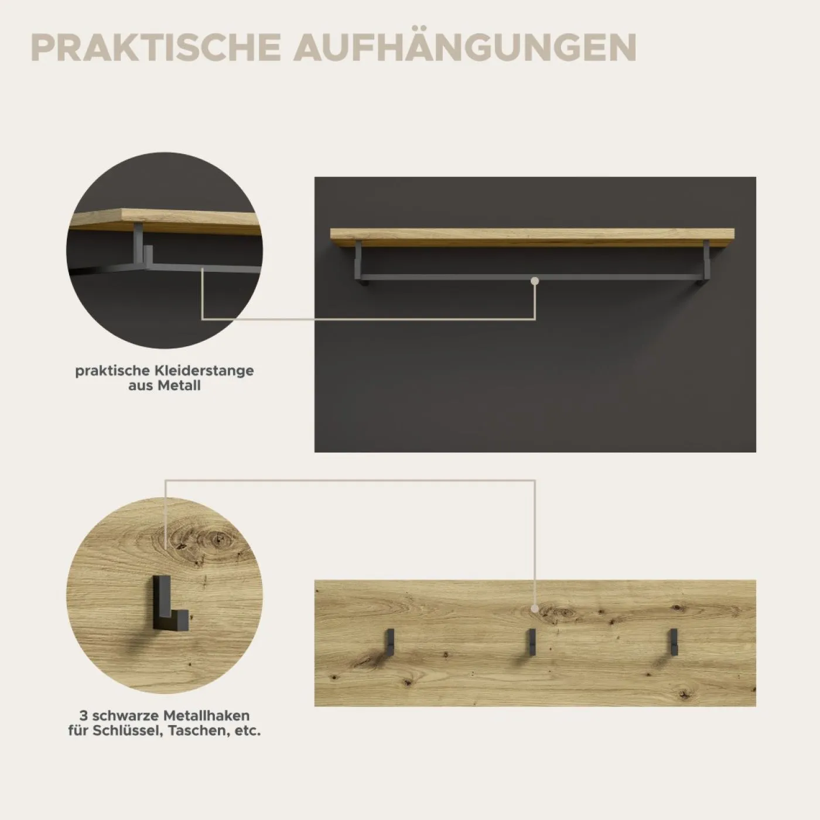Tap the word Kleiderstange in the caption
tap(206, 371)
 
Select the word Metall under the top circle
tap(181, 385)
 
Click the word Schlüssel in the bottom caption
tap(126, 731)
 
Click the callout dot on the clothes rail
tap(535, 281)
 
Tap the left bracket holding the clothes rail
tap(359, 263)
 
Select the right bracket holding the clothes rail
tap(706, 263)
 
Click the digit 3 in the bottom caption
tap(83, 716)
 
